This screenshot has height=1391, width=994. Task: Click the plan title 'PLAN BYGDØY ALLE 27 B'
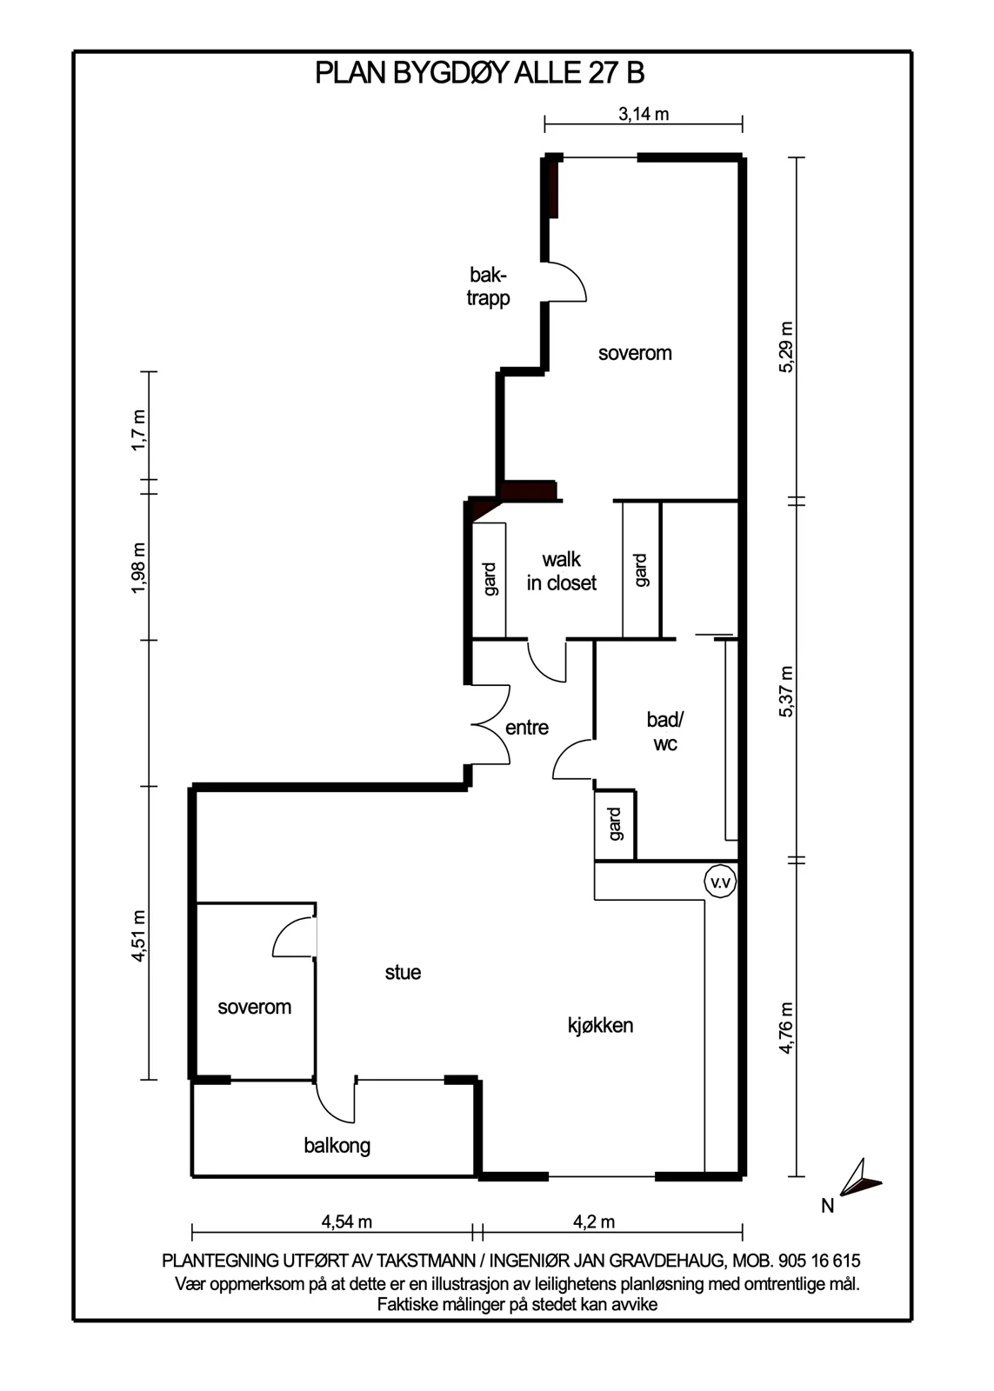pos(479,73)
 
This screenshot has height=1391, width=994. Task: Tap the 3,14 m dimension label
pos(644,114)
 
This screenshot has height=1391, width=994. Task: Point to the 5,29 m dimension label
pos(786,347)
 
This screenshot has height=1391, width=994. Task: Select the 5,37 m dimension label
pos(786,691)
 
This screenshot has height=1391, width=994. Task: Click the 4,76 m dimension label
pos(786,1027)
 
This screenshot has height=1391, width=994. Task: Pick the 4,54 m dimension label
pos(347,1221)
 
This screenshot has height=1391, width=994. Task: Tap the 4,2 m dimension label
pos(594,1221)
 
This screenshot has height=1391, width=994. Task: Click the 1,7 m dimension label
pos(138,430)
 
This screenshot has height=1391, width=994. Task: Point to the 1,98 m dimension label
pos(138,568)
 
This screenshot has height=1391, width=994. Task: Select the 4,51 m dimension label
pos(138,935)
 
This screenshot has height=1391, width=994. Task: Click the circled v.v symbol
pos(720,882)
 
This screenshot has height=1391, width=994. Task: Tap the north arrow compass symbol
pos(859,1177)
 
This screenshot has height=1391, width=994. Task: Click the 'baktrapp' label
pos(488,286)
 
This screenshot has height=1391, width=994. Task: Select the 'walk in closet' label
pos(562,571)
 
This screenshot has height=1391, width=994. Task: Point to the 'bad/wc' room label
pos(664,731)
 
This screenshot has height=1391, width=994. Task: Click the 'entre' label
pos(527,727)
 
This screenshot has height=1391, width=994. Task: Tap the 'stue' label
pos(403,972)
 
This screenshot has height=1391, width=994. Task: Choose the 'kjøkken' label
pos(600,1025)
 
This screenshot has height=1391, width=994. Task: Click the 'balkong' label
pos(337,1146)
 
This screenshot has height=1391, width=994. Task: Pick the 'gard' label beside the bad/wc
pos(615,824)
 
